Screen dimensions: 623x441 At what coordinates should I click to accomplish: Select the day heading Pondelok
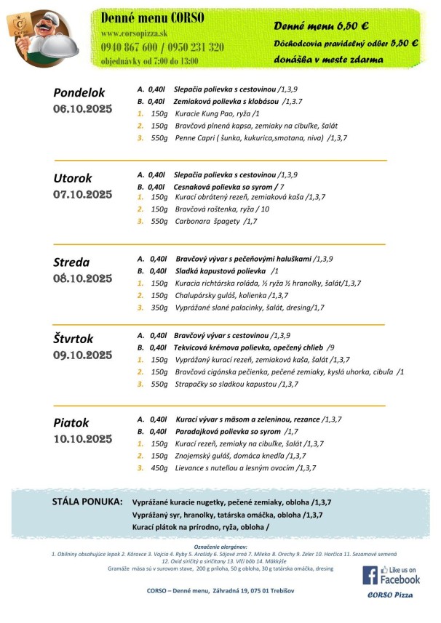point(79,92)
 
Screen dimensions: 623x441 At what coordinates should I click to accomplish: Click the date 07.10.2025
point(82,194)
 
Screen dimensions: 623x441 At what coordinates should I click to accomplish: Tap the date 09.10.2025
point(82,355)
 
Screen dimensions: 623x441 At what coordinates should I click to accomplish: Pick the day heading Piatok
point(71,422)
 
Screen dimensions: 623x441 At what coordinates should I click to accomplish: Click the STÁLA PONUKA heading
point(87,502)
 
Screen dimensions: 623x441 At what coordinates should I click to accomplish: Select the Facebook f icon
point(370,574)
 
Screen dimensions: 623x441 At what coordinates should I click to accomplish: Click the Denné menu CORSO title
point(152,17)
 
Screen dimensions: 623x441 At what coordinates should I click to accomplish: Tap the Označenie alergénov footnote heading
point(220,545)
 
